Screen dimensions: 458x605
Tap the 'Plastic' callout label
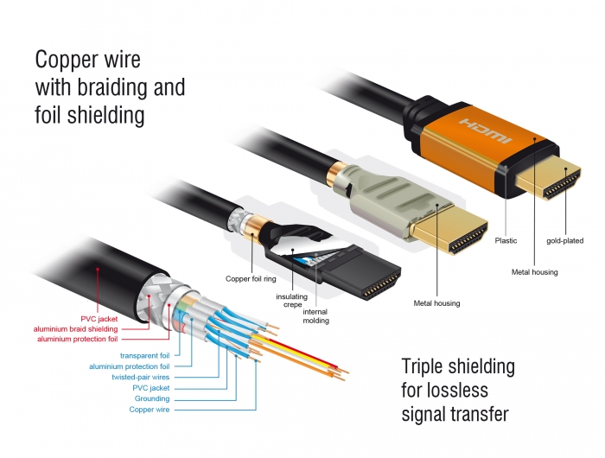tap(506, 241)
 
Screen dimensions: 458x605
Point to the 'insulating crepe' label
tap(292, 301)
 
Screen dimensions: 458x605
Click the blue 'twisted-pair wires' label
tap(140, 378)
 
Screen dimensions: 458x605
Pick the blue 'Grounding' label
tap(151, 399)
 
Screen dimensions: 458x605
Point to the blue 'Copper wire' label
tap(149, 410)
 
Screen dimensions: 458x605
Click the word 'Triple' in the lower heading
tap(428, 366)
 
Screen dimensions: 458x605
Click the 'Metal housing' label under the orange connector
tap(535, 272)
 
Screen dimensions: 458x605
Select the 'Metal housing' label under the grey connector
tap(436, 303)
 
